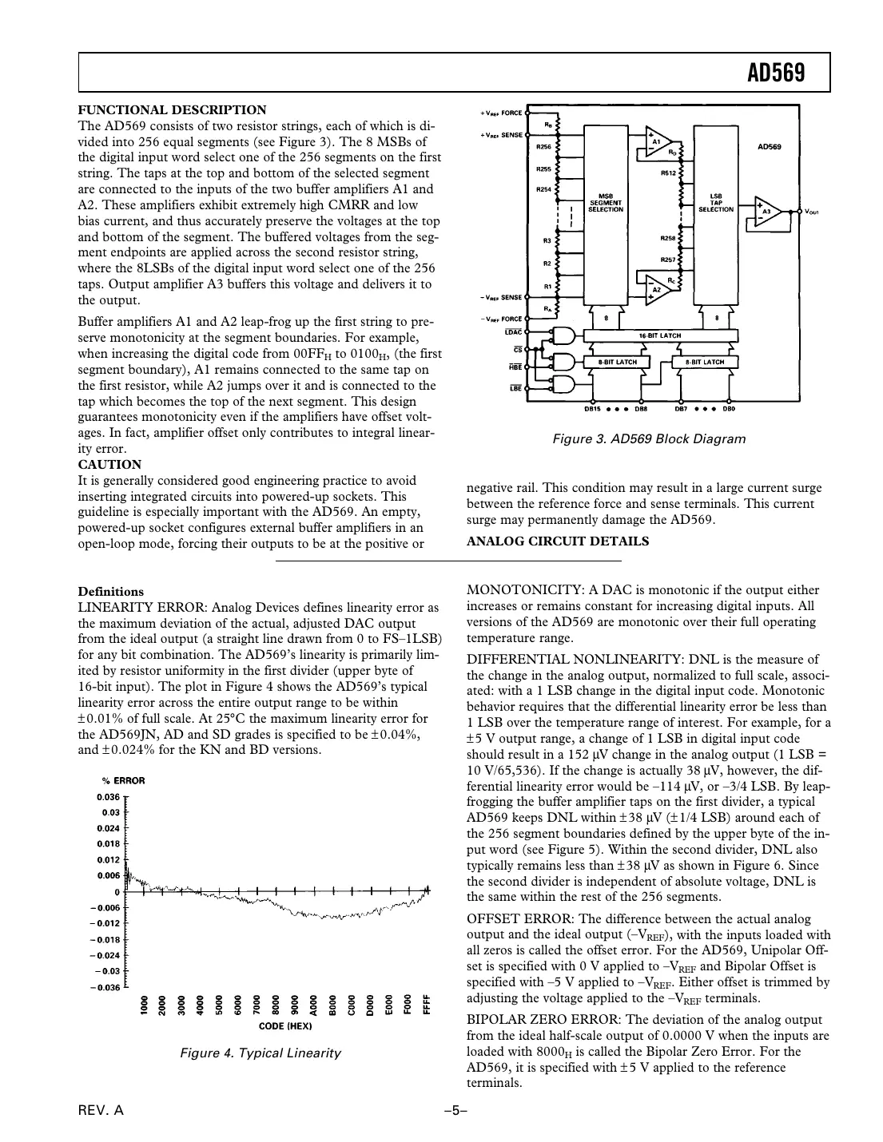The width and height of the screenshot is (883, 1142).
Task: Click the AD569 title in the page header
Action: click(x=774, y=73)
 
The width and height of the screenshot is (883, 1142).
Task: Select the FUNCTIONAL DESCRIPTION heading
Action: click(x=172, y=109)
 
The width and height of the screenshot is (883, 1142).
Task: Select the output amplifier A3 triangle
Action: click(x=766, y=212)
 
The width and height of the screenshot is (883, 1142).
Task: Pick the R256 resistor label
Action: click(x=543, y=148)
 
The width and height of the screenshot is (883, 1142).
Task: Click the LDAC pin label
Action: click(x=512, y=331)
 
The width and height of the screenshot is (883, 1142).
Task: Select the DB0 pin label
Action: click(x=728, y=409)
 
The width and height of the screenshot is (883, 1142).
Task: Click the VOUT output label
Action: click(x=812, y=212)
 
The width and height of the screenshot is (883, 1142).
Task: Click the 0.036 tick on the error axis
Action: click(x=108, y=796)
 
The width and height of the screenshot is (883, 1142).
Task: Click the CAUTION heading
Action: click(x=109, y=464)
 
